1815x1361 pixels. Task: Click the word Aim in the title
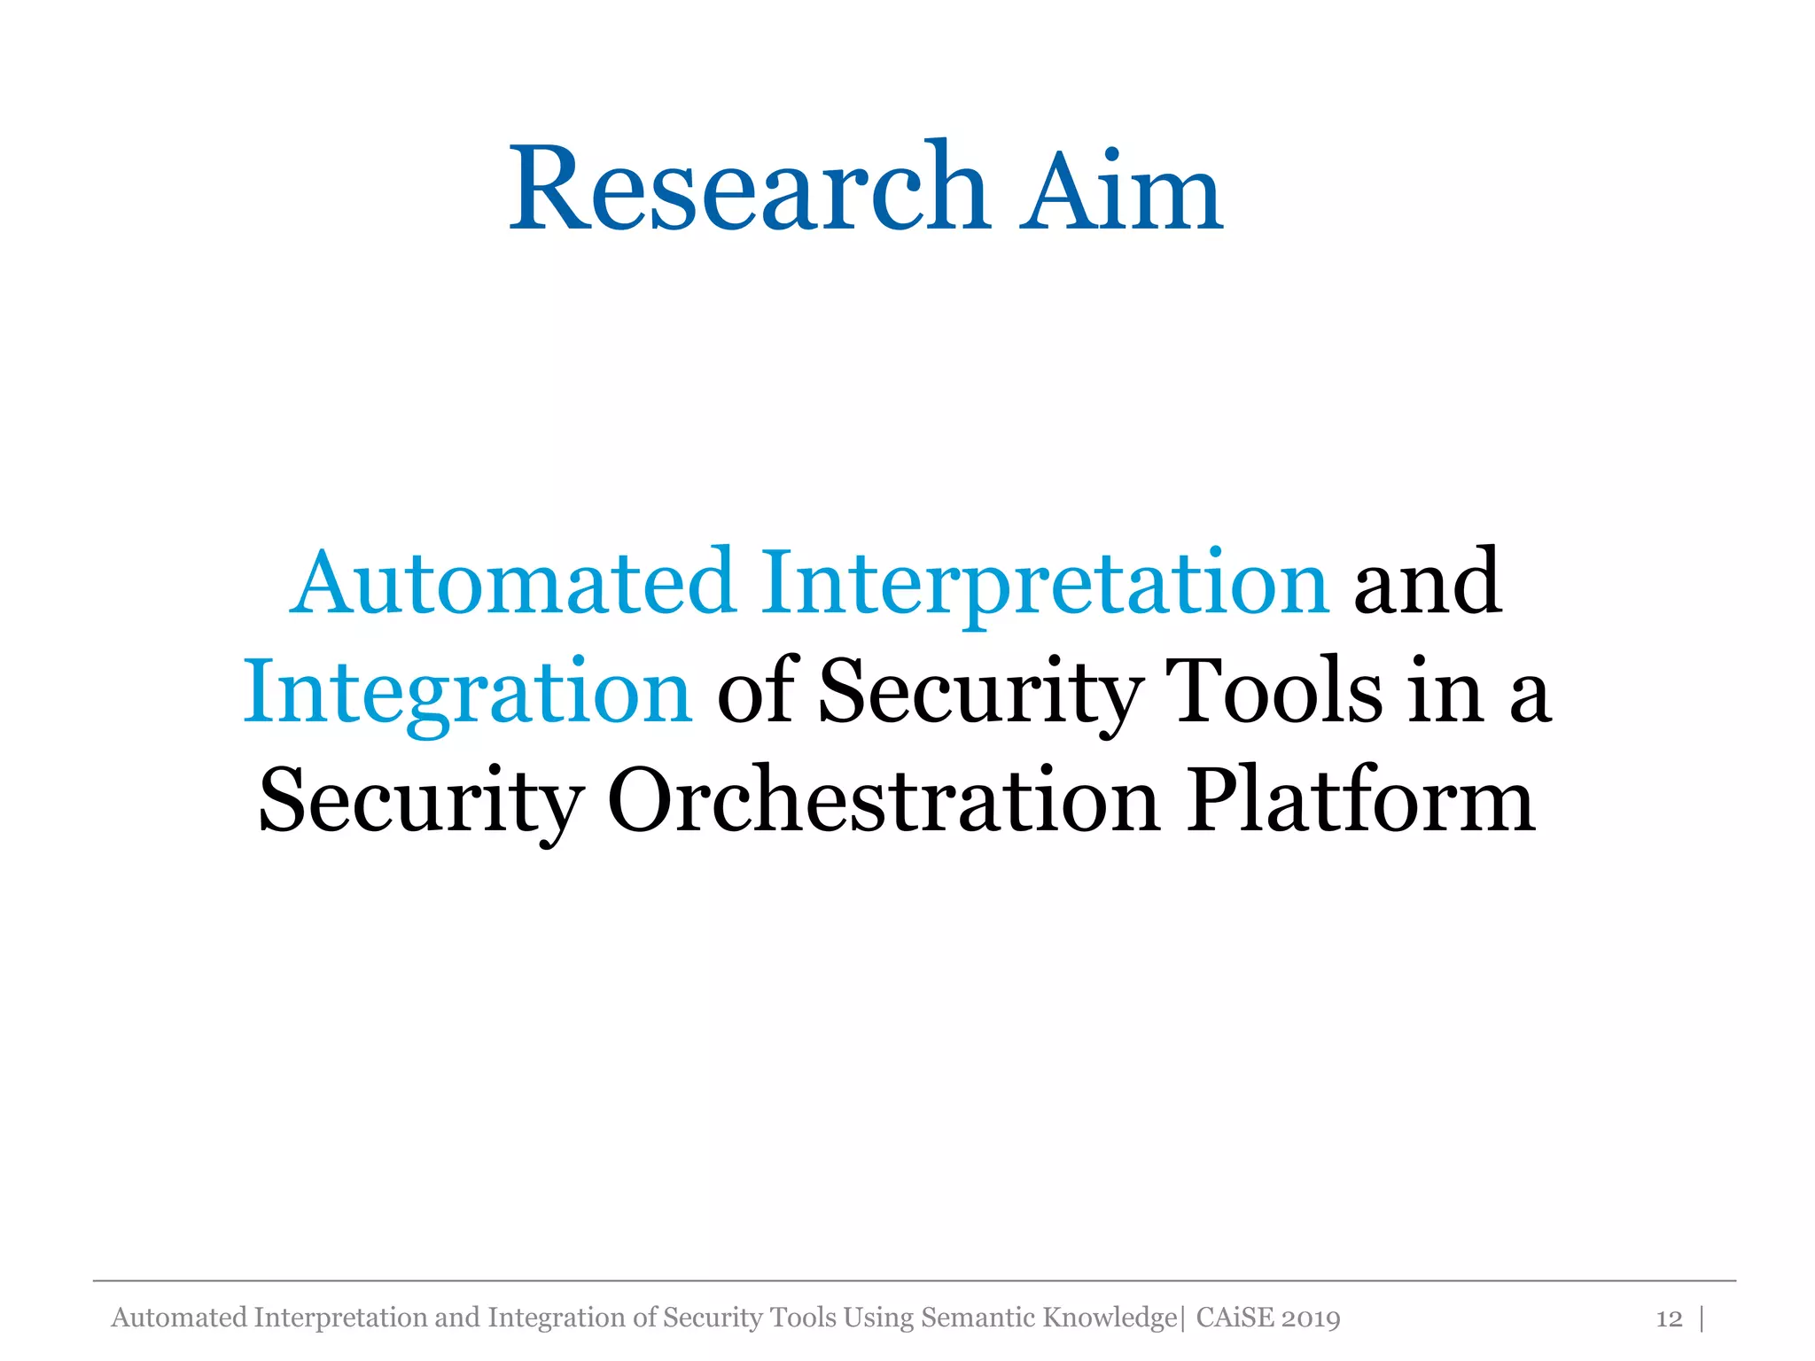[x=1120, y=192]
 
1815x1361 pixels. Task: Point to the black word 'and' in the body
[x=1427, y=582]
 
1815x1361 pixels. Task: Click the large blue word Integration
[x=467, y=694]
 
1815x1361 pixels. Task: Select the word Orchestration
[x=884, y=800]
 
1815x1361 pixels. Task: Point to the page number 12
[x=1669, y=1319]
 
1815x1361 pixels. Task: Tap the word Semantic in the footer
[x=978, y=1318]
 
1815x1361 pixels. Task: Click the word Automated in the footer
[x=179, y=1318]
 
